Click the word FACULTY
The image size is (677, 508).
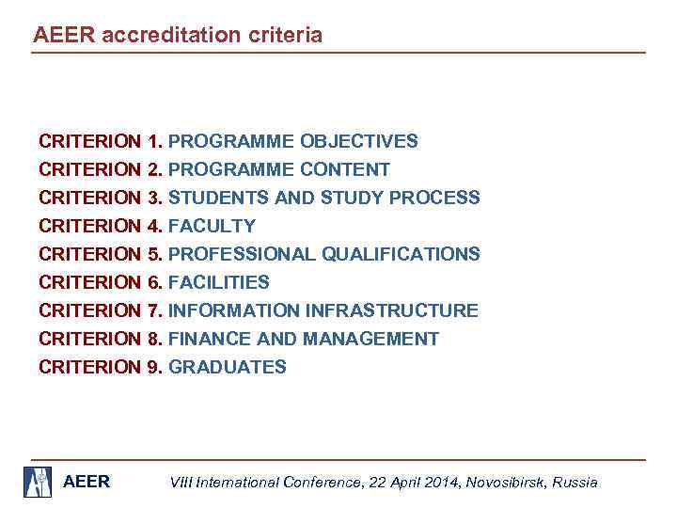212,227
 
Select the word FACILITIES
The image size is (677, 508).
218,283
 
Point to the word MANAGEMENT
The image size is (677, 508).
365,340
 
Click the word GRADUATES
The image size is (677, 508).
228,368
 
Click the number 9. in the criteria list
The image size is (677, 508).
156,368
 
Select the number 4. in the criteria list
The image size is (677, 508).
156,227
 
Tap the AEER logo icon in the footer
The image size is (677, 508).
39,481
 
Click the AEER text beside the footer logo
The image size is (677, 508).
86,482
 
